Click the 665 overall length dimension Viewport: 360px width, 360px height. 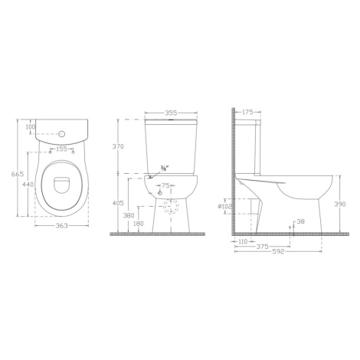[x=18, y=174]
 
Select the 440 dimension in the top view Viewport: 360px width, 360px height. [x=28, y=185]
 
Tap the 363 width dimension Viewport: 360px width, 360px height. [x=62, y=226]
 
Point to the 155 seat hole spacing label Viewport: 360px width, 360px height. [x=61, y=149]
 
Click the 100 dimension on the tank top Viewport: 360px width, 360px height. [x=31, y=126]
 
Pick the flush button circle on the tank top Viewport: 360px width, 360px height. [x=62, y=133]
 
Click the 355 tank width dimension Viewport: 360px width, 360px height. [x=171, y=113]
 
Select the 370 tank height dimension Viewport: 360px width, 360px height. [x=118, y=146]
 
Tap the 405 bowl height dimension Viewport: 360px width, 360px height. [x=118, y=203]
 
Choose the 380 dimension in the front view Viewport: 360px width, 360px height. [x=129, y=215]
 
